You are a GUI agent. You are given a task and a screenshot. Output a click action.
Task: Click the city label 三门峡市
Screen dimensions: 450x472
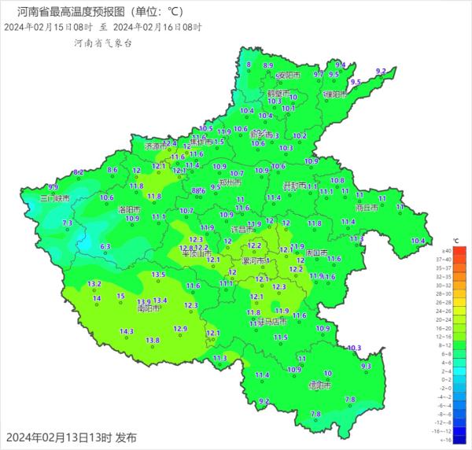coord(55,199)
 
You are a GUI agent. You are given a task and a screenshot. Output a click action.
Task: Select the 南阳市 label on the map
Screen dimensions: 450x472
coord(149,308)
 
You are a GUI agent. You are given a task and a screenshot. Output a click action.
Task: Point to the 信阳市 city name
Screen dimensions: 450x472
coord(319,385)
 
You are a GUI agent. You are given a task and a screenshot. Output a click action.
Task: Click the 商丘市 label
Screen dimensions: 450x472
coord(368,208)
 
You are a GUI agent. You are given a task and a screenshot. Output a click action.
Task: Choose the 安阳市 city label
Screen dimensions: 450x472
coord(289,76)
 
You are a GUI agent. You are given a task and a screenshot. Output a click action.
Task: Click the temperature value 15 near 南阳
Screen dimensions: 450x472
coord(120,296)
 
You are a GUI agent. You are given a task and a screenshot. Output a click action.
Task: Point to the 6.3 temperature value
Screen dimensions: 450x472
coord(106,246)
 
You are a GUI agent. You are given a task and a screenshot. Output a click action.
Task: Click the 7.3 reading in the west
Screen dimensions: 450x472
coord(67,223)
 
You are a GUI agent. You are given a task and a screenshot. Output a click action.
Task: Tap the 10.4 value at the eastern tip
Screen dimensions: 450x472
coord(417,241)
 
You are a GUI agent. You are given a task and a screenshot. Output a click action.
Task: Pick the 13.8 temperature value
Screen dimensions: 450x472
coord(153,340)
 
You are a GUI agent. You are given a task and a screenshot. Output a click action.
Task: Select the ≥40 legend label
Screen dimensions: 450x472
coord(445,249)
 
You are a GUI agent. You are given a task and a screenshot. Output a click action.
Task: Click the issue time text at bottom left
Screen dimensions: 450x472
coord(72,437)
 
